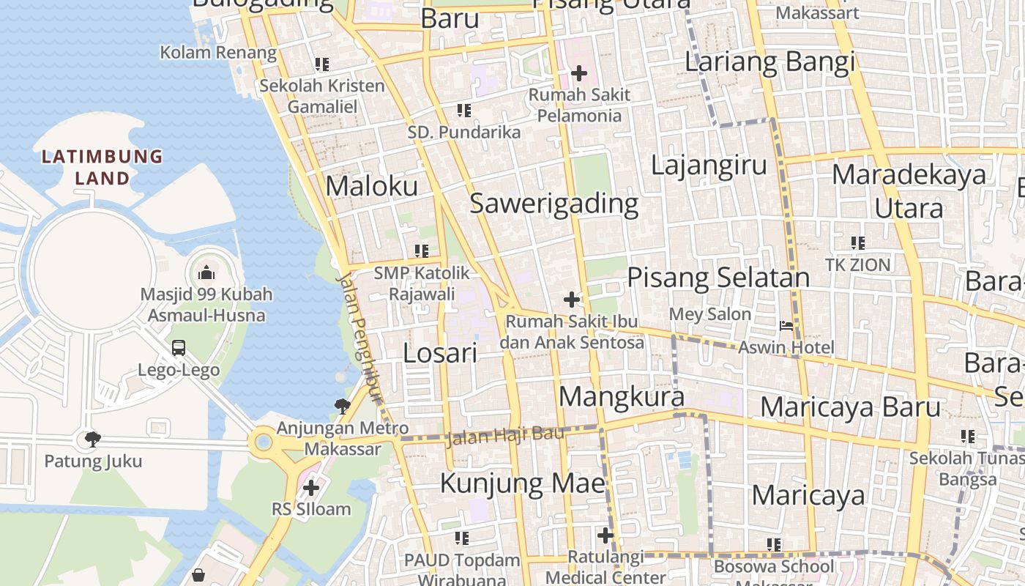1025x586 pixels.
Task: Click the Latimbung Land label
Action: pos(102,167)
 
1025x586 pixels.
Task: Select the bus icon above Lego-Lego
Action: pos(179,348)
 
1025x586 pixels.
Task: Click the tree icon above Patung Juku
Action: pos(92,439)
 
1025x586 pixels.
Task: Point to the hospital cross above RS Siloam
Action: pos(311,487)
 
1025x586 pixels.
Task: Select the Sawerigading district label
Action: pos(553,204)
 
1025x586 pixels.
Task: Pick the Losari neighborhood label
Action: pos(440,353)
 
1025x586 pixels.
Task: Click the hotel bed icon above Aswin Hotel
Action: pos(786,326)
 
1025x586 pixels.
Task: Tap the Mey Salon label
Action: pos(710,314)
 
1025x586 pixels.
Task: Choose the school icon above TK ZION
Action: pos(858,242)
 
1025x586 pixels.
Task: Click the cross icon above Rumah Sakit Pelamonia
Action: pos(579,73)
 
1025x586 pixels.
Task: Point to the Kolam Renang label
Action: pos(218,53)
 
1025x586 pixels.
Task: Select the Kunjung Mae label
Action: pos(523,483)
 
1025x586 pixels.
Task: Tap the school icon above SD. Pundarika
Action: pos(464,111)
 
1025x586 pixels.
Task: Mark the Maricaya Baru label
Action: pos(850,407)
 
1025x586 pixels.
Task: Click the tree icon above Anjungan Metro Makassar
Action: pos(342,405)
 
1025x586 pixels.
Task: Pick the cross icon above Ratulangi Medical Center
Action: pos(605,536)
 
